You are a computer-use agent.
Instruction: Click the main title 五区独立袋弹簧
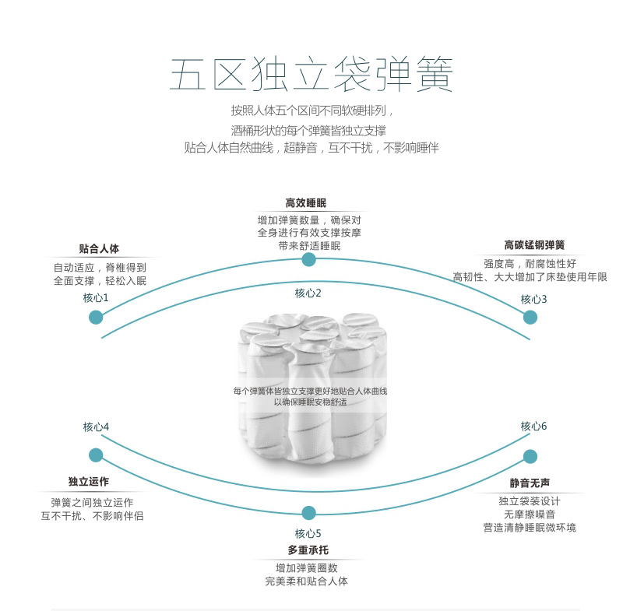(311, 74)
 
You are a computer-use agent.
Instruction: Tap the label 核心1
(96, 298)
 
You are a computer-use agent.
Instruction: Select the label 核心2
(308, 293)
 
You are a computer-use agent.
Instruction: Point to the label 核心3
(533, 299)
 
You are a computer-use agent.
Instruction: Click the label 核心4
(96, 427)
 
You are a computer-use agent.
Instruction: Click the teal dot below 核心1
(96, 318)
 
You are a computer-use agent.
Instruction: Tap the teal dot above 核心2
(308, 260)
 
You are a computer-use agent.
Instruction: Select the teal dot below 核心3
(530, 318)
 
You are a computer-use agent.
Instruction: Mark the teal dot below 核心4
(96, 455)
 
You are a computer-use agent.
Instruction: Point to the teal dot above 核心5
(308, 513)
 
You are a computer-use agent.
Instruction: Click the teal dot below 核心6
(530, 457)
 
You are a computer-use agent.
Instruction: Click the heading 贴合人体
(99, 249)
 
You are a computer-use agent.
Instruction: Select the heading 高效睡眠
(306, 203)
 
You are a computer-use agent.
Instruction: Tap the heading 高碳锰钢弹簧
(534, 245)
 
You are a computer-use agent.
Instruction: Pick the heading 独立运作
(89, 482)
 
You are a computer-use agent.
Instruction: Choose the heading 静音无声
(530, 483)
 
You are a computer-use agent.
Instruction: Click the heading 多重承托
(308, 550)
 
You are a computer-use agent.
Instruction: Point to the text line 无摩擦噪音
(530, 514)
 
